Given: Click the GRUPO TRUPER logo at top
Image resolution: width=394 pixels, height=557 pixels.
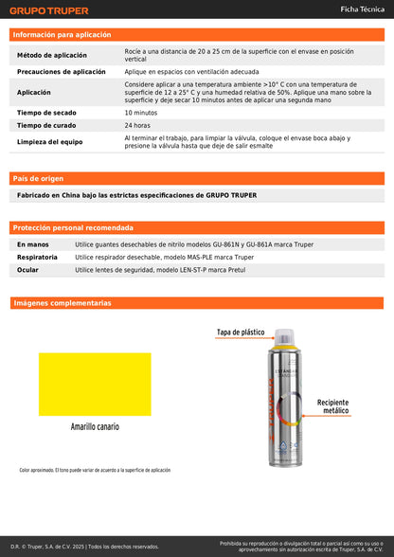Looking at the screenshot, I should point(49,11).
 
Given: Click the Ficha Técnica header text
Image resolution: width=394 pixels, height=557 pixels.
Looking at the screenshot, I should point(362,9).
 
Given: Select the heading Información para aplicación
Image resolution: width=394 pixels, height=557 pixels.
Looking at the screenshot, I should point(62,34).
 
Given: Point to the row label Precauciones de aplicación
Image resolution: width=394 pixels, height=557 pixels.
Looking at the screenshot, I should point(62,72).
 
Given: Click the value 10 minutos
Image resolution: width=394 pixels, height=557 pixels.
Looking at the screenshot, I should point(141,113).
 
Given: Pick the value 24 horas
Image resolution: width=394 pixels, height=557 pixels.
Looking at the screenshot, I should point(136,125).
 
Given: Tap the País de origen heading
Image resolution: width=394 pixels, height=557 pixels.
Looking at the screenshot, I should point(39,178).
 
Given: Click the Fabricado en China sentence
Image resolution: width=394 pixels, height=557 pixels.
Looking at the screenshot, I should point(137,195).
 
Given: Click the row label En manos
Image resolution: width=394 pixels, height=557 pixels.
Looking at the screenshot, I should point(33,244).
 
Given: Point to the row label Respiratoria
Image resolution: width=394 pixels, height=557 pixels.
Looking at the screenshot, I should point(37,257).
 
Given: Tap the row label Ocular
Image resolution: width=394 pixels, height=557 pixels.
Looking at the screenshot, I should point(28,270).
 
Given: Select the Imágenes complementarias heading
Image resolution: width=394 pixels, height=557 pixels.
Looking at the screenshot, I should point(63,303).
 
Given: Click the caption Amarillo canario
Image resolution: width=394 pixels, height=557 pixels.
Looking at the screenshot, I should point(95,427).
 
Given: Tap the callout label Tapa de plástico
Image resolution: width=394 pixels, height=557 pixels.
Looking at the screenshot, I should point(241,332).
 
